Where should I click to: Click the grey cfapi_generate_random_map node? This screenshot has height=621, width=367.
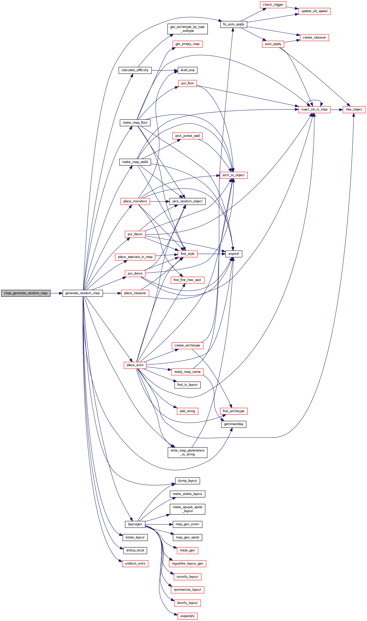[x=26, y=293]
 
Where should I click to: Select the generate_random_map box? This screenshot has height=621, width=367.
[x=83, y=293]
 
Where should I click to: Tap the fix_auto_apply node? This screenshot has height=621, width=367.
[x=234, y=24]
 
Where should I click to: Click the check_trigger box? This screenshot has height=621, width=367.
[x=273, y=5]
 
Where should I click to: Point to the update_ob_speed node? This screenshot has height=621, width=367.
[x=314, y=11]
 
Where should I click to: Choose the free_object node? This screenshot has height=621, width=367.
[x=354, y=109]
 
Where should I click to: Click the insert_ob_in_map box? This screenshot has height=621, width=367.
[x=314, y=109]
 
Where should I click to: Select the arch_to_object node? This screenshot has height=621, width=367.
[x=234, y=175]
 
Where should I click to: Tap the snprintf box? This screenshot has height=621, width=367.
[x=234, y=254]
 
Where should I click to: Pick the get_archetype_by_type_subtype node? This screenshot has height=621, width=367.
[x=187, y=29]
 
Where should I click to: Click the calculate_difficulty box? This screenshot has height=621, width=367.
[x=135, y=70]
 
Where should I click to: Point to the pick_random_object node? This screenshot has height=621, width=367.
[x=187, y=201]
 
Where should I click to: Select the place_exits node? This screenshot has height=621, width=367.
[x=135, y=365]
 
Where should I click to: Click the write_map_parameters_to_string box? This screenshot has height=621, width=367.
[x=187, y=452]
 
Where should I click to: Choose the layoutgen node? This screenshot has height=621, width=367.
[x=135, y=524]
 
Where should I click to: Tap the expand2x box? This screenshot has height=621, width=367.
[x=187, y=616]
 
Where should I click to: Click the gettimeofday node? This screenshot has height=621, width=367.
[x=234, y=424]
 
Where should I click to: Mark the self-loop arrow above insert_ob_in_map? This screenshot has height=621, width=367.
[x=314, y=100]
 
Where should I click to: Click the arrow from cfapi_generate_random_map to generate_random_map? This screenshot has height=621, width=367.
[x=56, y=293]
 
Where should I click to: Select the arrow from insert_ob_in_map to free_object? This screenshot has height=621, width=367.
[x=336, y=110]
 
